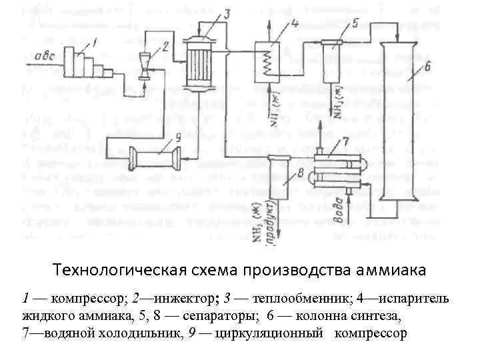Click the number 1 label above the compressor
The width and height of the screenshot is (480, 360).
coord(94,43)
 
